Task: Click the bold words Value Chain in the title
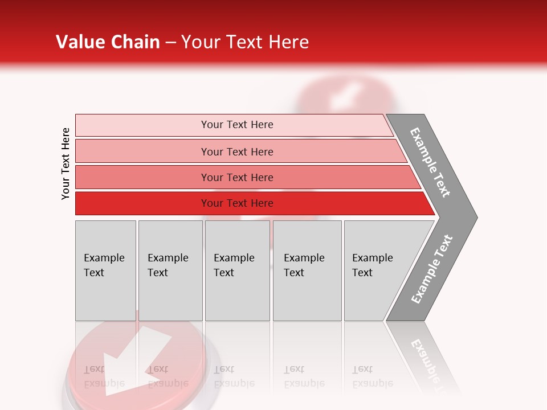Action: click(x=108, y=42)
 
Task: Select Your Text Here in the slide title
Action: click(x=245, y=42)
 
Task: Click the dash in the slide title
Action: click(x=170, y=43)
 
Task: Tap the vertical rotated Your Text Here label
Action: click(x=66, y=163)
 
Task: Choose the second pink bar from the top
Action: click(x=236, y=151)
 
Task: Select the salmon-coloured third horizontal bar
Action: click(x=236, y=177)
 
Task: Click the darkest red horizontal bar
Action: click(x=236, y=203)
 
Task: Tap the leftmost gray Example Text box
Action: click(x=105, y=270)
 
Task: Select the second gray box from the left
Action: click(x=170, y=270)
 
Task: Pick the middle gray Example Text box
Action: click(x=237, y=270)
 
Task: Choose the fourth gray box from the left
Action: click(x=307, y=270)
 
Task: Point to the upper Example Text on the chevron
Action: click(x=430, y=163)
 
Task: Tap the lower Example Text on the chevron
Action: click(x=432, y=269)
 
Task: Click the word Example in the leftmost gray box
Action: click(x=104, y=258)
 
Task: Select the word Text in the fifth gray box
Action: click(x=362, y=273)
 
